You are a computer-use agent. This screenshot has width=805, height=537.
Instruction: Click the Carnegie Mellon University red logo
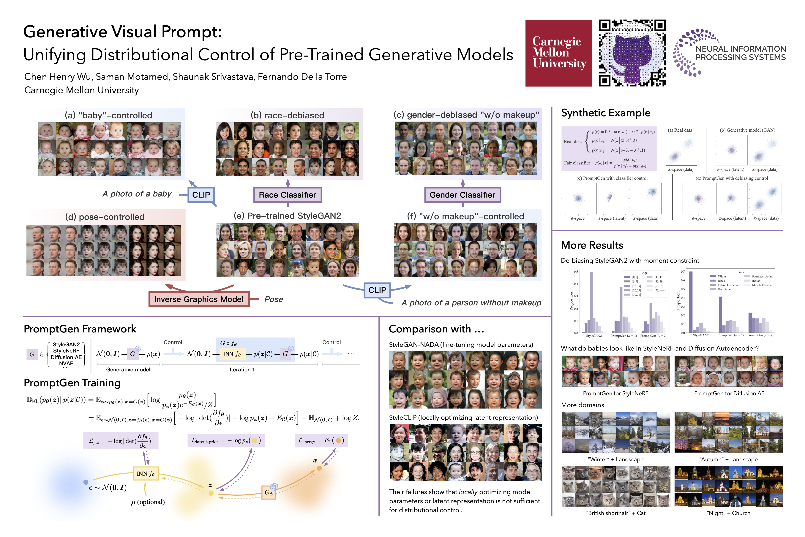pyautogui.click(x=559, y=53)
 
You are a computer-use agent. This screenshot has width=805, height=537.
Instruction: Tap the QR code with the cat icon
pyautogui.click(x=632, y=53)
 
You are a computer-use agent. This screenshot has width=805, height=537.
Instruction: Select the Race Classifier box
pyautogui.click(x=288, y=195)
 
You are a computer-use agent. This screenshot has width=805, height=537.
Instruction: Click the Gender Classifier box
pyautogui.click(x=462, y=195)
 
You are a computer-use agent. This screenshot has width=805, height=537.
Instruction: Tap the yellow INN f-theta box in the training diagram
pyautogui.click(x=146, y=474)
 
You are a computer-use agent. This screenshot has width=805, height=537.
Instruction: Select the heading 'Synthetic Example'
pyautogui.click(x=605, y=113)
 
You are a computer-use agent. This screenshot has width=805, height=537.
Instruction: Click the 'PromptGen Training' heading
pyautogui.click(x=72, y=383)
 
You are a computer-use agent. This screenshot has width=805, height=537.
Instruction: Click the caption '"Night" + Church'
pyautogui.click(x=728, y=513)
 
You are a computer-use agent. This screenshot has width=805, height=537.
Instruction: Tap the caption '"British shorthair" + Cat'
pyautogui.click(x=616, y=513)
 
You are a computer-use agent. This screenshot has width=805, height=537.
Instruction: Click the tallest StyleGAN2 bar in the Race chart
pyautogui.click(x=691, y=301)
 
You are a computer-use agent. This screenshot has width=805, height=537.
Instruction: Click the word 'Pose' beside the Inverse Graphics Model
pyautogui.click(x=274, y=299)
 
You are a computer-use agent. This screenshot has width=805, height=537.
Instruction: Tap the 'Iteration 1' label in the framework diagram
pyautogui.click(x=242, y=370)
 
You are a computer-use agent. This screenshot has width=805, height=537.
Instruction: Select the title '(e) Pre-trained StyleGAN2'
pyautogui.click(x=287, y=216)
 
